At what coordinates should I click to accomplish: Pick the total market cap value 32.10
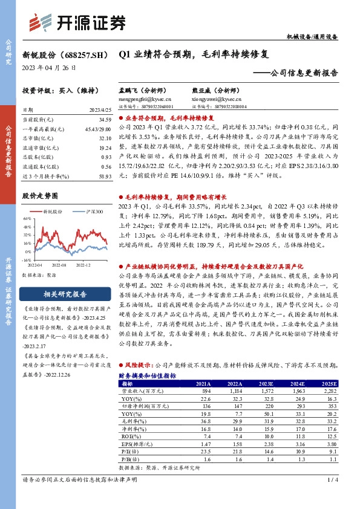point(105,138)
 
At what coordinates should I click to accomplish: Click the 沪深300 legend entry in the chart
point(93,212)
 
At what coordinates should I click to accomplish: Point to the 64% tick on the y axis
point(28,219)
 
